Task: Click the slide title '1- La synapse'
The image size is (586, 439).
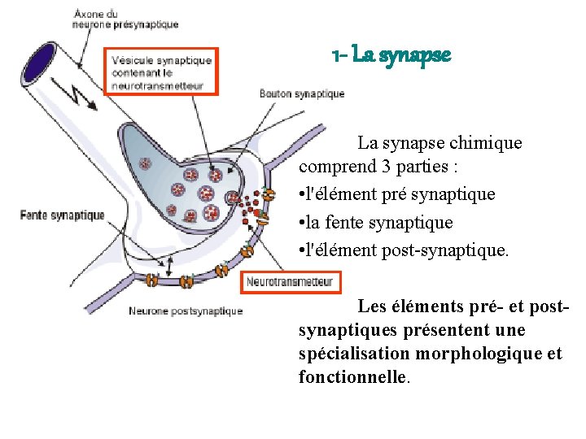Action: click(391, 56)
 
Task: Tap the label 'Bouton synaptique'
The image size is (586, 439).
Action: click(302, 93)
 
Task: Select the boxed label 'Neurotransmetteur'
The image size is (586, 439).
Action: click(291, 282)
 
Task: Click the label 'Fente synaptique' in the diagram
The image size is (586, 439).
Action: click(63, 215)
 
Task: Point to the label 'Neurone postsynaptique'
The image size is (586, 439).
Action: click(185, 311)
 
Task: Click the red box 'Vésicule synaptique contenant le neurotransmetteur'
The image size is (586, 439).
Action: click(161, 71)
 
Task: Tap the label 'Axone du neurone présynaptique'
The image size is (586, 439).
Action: click(125, 19)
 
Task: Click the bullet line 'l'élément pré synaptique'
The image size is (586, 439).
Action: click(396, 195)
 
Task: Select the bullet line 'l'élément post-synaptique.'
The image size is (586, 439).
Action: click(403, 250)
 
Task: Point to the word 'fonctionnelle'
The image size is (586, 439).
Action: click(352, 378)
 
